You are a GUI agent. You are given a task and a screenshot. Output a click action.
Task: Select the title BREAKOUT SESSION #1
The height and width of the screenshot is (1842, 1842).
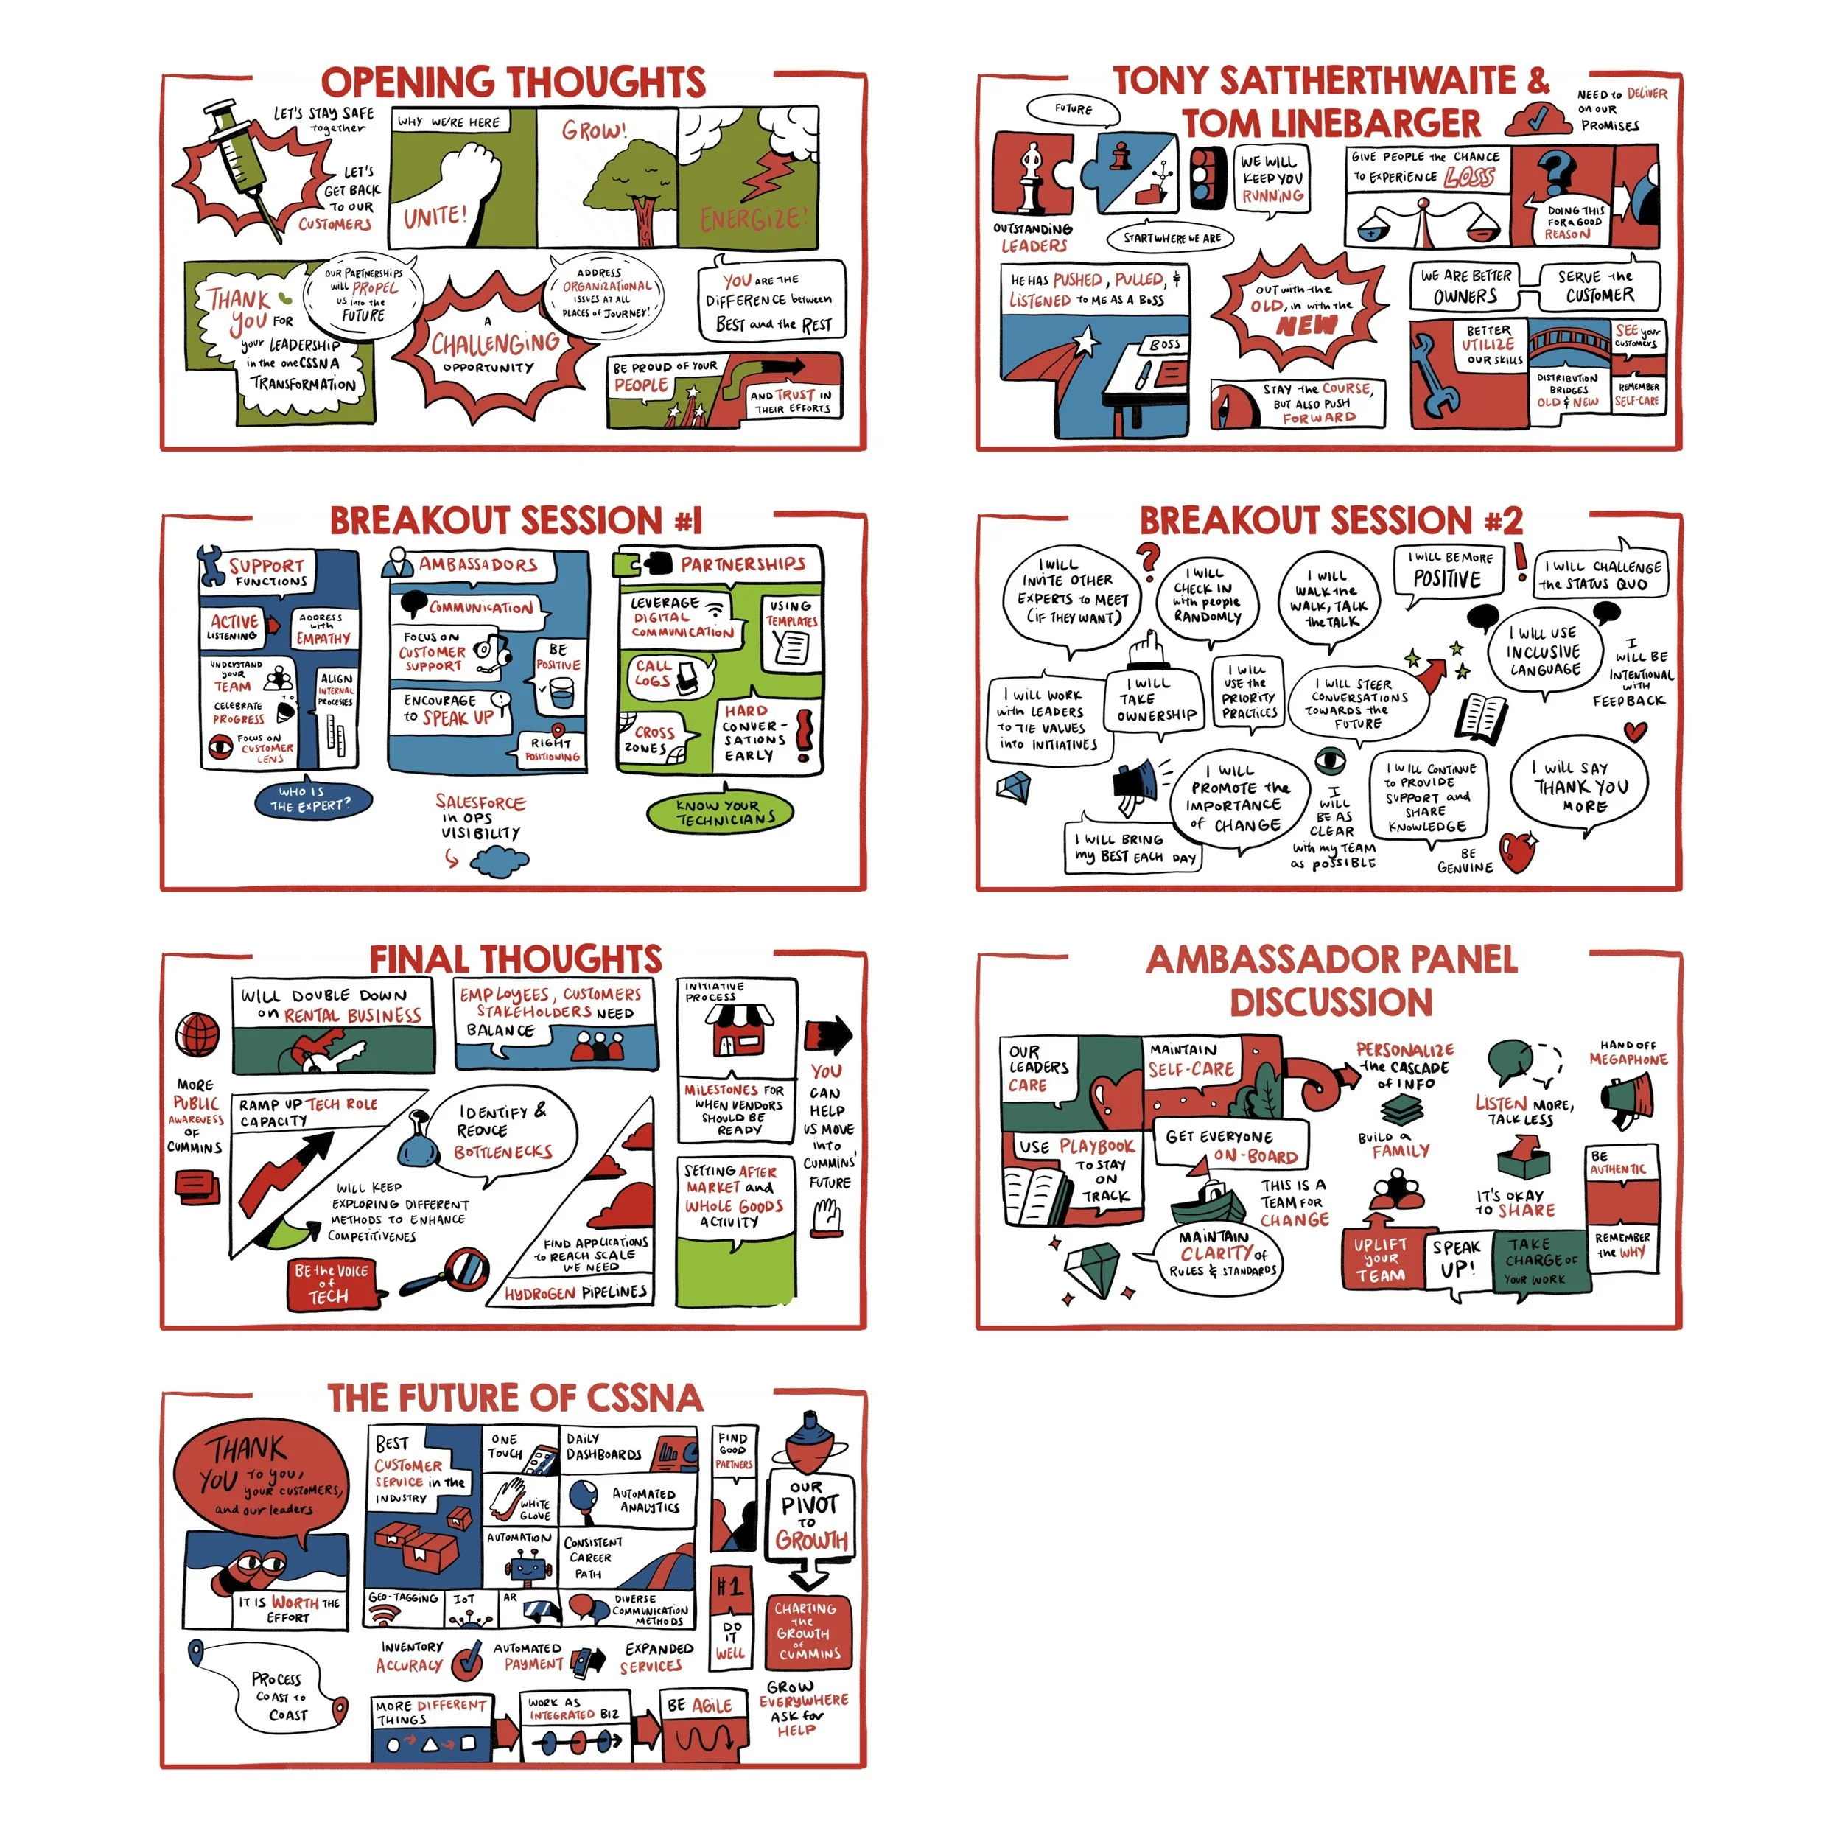515,521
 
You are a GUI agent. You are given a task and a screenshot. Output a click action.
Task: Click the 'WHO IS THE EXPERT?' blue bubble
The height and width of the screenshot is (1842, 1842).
310,799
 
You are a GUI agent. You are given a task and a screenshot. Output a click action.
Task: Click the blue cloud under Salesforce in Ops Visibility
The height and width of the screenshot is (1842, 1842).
500,861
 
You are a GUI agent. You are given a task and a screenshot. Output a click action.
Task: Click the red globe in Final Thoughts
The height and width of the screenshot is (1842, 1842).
197,1034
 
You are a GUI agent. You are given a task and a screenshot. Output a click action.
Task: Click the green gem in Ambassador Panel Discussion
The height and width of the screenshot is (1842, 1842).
1099,1268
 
